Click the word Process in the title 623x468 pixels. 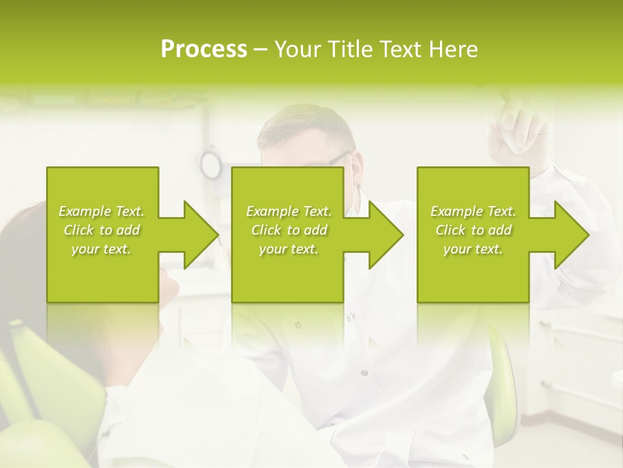pos(204,49)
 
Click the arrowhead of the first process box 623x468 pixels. pos(201,235)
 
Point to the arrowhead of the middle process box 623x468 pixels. pos(386,235)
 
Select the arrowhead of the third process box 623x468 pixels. pos(572,235)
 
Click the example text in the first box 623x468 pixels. pos(101,230)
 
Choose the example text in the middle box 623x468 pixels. pos(289,230)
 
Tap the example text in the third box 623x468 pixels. pos(473,230)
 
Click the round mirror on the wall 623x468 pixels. pos(210,164)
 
